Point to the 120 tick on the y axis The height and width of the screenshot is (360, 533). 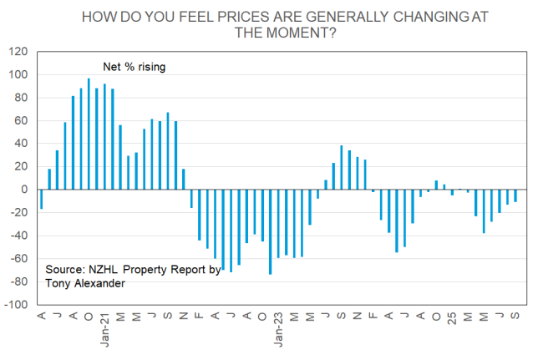(18, 52)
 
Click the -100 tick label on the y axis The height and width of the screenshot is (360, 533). (16, 305)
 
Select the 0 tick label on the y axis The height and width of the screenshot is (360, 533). (24, 190)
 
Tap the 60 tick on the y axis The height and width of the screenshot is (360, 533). (21, 120)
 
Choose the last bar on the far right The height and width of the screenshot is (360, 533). (515, 195)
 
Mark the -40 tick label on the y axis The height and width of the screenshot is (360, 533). (19, 236)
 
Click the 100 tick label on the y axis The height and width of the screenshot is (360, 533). (18, 74)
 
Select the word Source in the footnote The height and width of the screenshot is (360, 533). (66, 271)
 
